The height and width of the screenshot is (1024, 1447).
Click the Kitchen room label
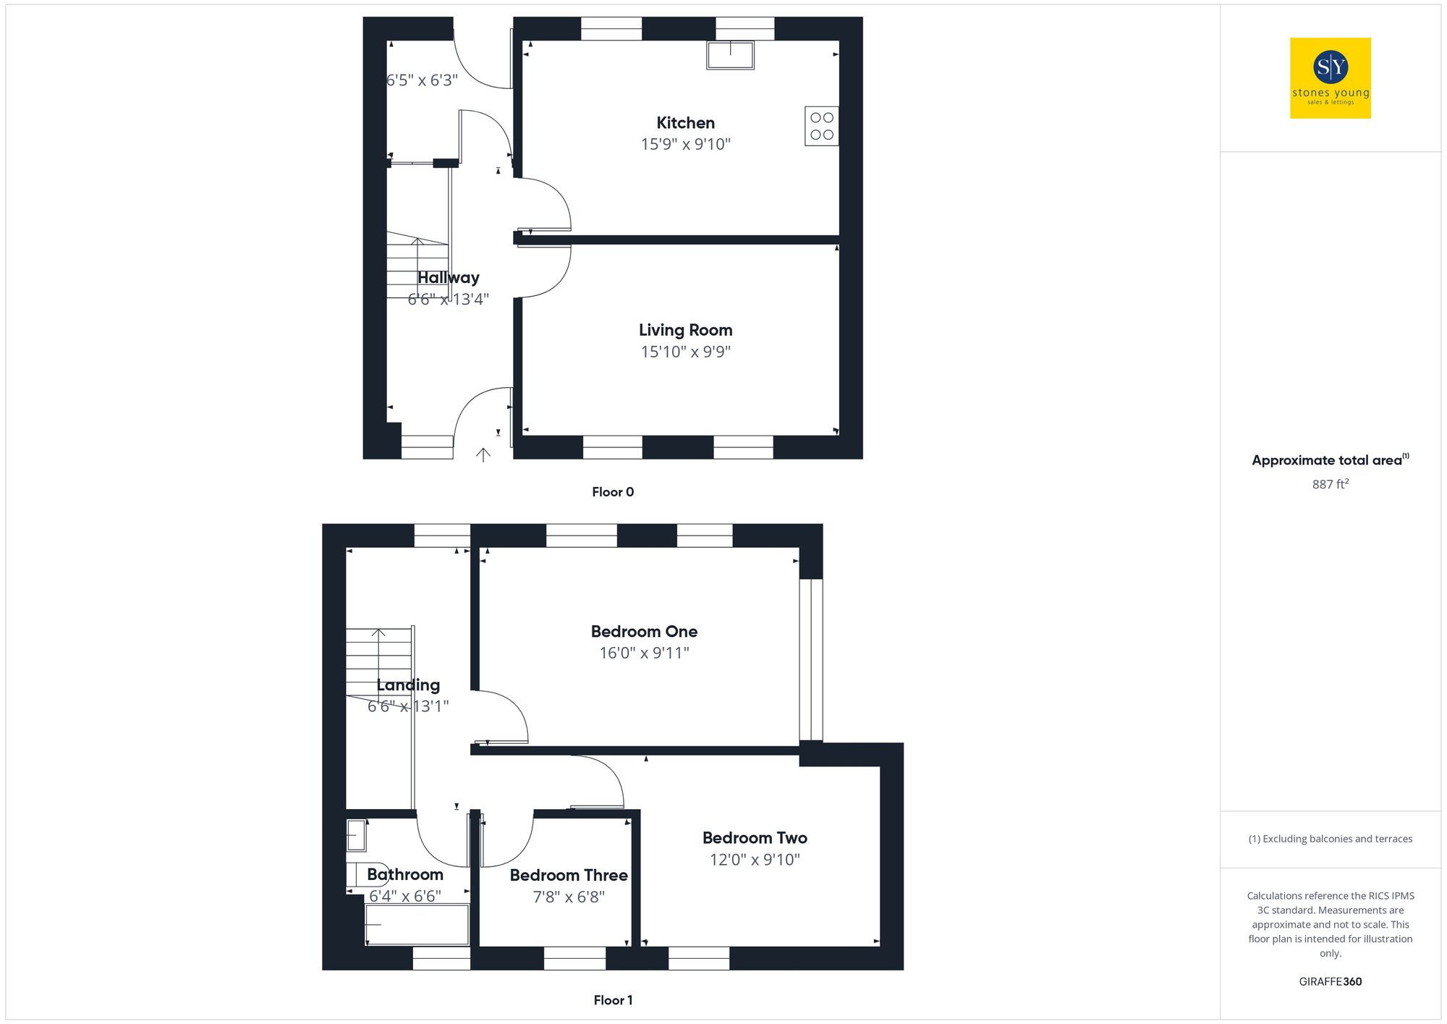(x=685, y=123)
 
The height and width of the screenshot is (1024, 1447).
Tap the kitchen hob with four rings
(x=821, y=126)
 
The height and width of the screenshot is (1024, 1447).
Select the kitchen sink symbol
(x=730, y=55)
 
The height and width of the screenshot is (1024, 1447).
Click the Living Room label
(x=685, y=330)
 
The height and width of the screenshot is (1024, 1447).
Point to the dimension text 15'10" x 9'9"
(x=685, y=352)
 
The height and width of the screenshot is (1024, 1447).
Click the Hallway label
(x=448, y=278)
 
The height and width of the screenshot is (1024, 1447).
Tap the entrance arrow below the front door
(x=483, y=454)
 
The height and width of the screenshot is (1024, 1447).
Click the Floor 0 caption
(x=613, y=492)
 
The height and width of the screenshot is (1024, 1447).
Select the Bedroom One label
(x=644, y=631)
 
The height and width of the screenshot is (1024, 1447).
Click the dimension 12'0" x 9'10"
(x=755, y=860)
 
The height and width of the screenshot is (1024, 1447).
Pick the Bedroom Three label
(x=569, y=875)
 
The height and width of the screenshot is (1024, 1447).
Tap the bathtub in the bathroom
(x=417, y=924)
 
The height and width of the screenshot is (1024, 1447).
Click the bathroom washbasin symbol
(x=356, y=835)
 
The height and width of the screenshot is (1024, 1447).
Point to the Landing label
(x=408, y=685)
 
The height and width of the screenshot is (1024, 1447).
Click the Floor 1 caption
(x=613, y=1000)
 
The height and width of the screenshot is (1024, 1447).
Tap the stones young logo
(x=1330, y=78)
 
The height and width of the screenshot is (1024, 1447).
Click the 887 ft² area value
(x=1330, y=484)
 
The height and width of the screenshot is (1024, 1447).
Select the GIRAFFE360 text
(x=1330, y=982)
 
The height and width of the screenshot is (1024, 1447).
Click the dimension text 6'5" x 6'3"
(x=422, y=80)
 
